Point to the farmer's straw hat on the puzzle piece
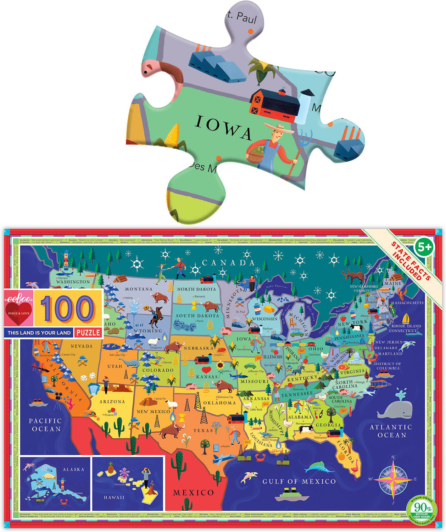(278, 128)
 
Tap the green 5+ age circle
(424, 247)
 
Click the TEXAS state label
(203, 431)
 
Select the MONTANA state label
(138, 289)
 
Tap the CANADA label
(228, 263)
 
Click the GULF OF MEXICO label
(299, 481)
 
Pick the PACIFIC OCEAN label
(45, 425)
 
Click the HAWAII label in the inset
(114, 497)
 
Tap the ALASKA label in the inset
(73, 469)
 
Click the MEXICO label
(193, 492)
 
